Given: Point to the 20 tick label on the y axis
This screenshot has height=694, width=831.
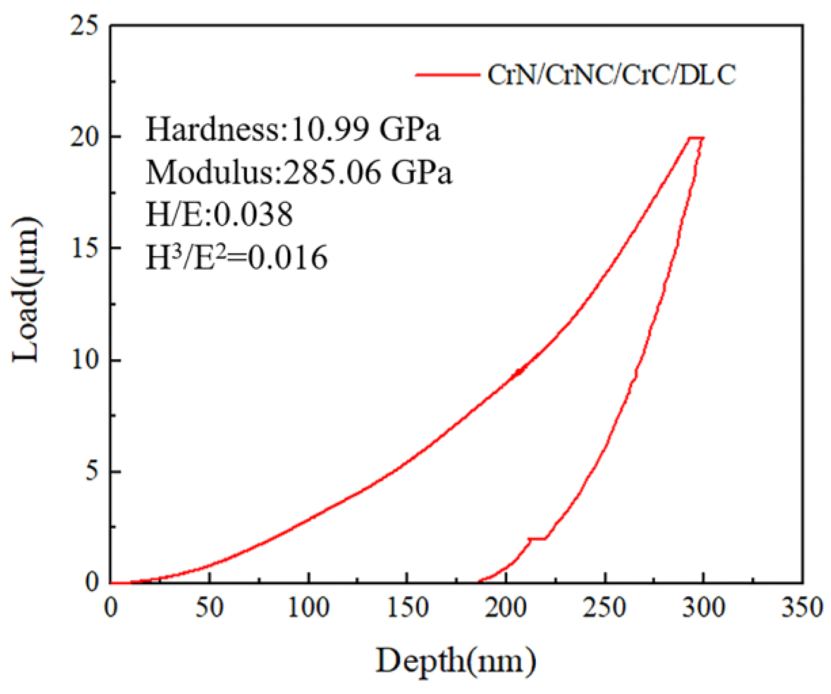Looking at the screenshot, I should [85, 137].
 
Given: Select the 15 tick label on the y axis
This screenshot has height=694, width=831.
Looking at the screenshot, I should [85, 248].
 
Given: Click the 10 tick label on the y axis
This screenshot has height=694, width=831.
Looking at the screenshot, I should [85, 360].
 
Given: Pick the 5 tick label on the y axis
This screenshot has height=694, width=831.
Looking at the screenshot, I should [92, 471].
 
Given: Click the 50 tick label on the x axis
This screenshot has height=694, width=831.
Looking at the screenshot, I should [209, 608].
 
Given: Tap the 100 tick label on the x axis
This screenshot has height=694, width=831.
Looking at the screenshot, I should [309, 608].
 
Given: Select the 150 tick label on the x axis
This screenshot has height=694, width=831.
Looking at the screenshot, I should [408, 608].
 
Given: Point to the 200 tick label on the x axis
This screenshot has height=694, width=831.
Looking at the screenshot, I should [506, 608].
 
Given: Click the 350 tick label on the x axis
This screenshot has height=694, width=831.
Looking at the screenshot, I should [802, 608].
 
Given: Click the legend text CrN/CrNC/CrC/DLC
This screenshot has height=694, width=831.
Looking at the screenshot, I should [611, 75].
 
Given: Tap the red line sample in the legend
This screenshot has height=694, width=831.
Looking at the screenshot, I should [447, 75].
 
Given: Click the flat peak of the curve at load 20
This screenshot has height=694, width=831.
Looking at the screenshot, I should [696, 138].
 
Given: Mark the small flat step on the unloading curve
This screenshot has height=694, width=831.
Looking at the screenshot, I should [538, 538].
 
